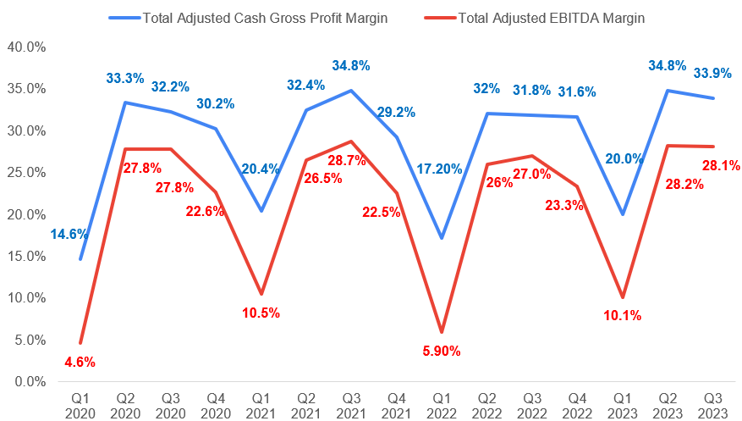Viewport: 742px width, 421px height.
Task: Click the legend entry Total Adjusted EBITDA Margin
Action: (x=547, y=18)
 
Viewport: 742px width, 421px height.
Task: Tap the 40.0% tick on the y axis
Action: (x=26, y=47)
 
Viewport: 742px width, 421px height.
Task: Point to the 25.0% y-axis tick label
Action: (x=26, y=173)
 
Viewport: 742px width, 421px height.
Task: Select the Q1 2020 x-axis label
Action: (x=80, y=403)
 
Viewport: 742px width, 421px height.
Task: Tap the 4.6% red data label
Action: (x=80, y=362)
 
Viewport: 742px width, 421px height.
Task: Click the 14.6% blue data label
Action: (x=69, y=234)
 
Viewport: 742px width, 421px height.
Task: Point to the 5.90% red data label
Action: (x=440, y=351)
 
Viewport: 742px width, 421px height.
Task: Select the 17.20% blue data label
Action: (x=440, y=169)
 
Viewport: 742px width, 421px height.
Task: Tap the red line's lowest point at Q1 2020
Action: (x=80, y=343)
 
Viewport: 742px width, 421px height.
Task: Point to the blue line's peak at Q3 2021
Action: (x=352, y=91)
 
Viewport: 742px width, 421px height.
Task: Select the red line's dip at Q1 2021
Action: (x=261, y=294)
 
